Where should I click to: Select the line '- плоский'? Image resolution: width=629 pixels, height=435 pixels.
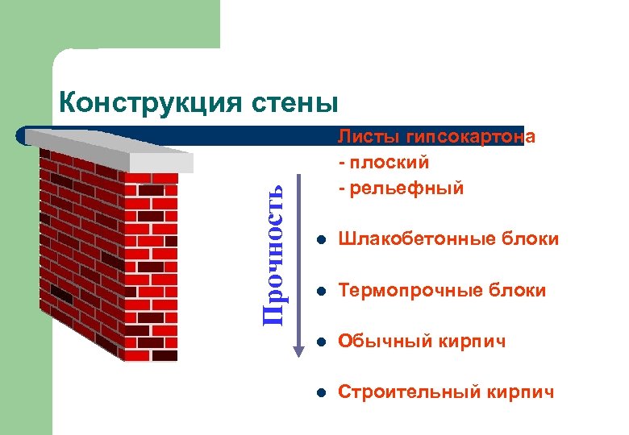tap(384, 163)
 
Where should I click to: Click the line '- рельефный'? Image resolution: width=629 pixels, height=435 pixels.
tap(401, 188)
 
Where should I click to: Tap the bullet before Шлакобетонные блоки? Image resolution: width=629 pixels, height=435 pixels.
tap(320, 240)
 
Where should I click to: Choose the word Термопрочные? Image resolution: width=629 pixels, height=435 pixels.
tap(410, 290)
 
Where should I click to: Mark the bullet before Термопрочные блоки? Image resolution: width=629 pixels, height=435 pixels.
tap(320, 291)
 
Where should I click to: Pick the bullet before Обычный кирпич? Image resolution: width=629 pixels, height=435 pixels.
tap(320, 342)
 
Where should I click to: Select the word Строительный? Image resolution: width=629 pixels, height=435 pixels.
tap(409, 392)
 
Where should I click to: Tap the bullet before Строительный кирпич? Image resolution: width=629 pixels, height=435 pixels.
tap(320, 393)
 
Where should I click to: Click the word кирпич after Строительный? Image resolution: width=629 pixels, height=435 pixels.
tap(521, 392)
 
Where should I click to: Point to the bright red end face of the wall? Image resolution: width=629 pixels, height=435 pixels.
tap(153, 266)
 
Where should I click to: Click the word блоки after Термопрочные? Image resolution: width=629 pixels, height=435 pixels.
tap(518, 290)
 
